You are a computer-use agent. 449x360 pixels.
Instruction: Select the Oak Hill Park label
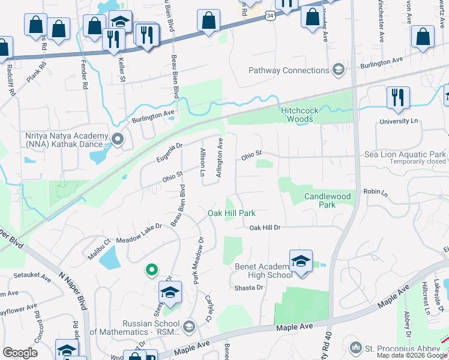[x=232, y=213]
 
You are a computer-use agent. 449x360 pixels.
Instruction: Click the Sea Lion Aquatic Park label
[x=405, y=154]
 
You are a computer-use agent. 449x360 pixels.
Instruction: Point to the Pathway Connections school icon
[x=339, y=70]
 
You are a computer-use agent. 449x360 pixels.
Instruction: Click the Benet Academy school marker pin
[x=301, y=260]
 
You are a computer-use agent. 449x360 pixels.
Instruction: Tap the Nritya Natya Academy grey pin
[x=118, y=140]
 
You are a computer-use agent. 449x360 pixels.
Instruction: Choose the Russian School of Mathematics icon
[x=189, y=326]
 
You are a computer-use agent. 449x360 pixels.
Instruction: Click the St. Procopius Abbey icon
[x=355, y=347]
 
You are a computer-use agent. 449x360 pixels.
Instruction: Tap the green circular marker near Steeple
[x=152, y=271]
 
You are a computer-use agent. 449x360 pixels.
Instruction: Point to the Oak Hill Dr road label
[x=265, y=227]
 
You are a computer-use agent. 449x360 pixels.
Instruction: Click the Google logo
[x=20, y=353]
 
